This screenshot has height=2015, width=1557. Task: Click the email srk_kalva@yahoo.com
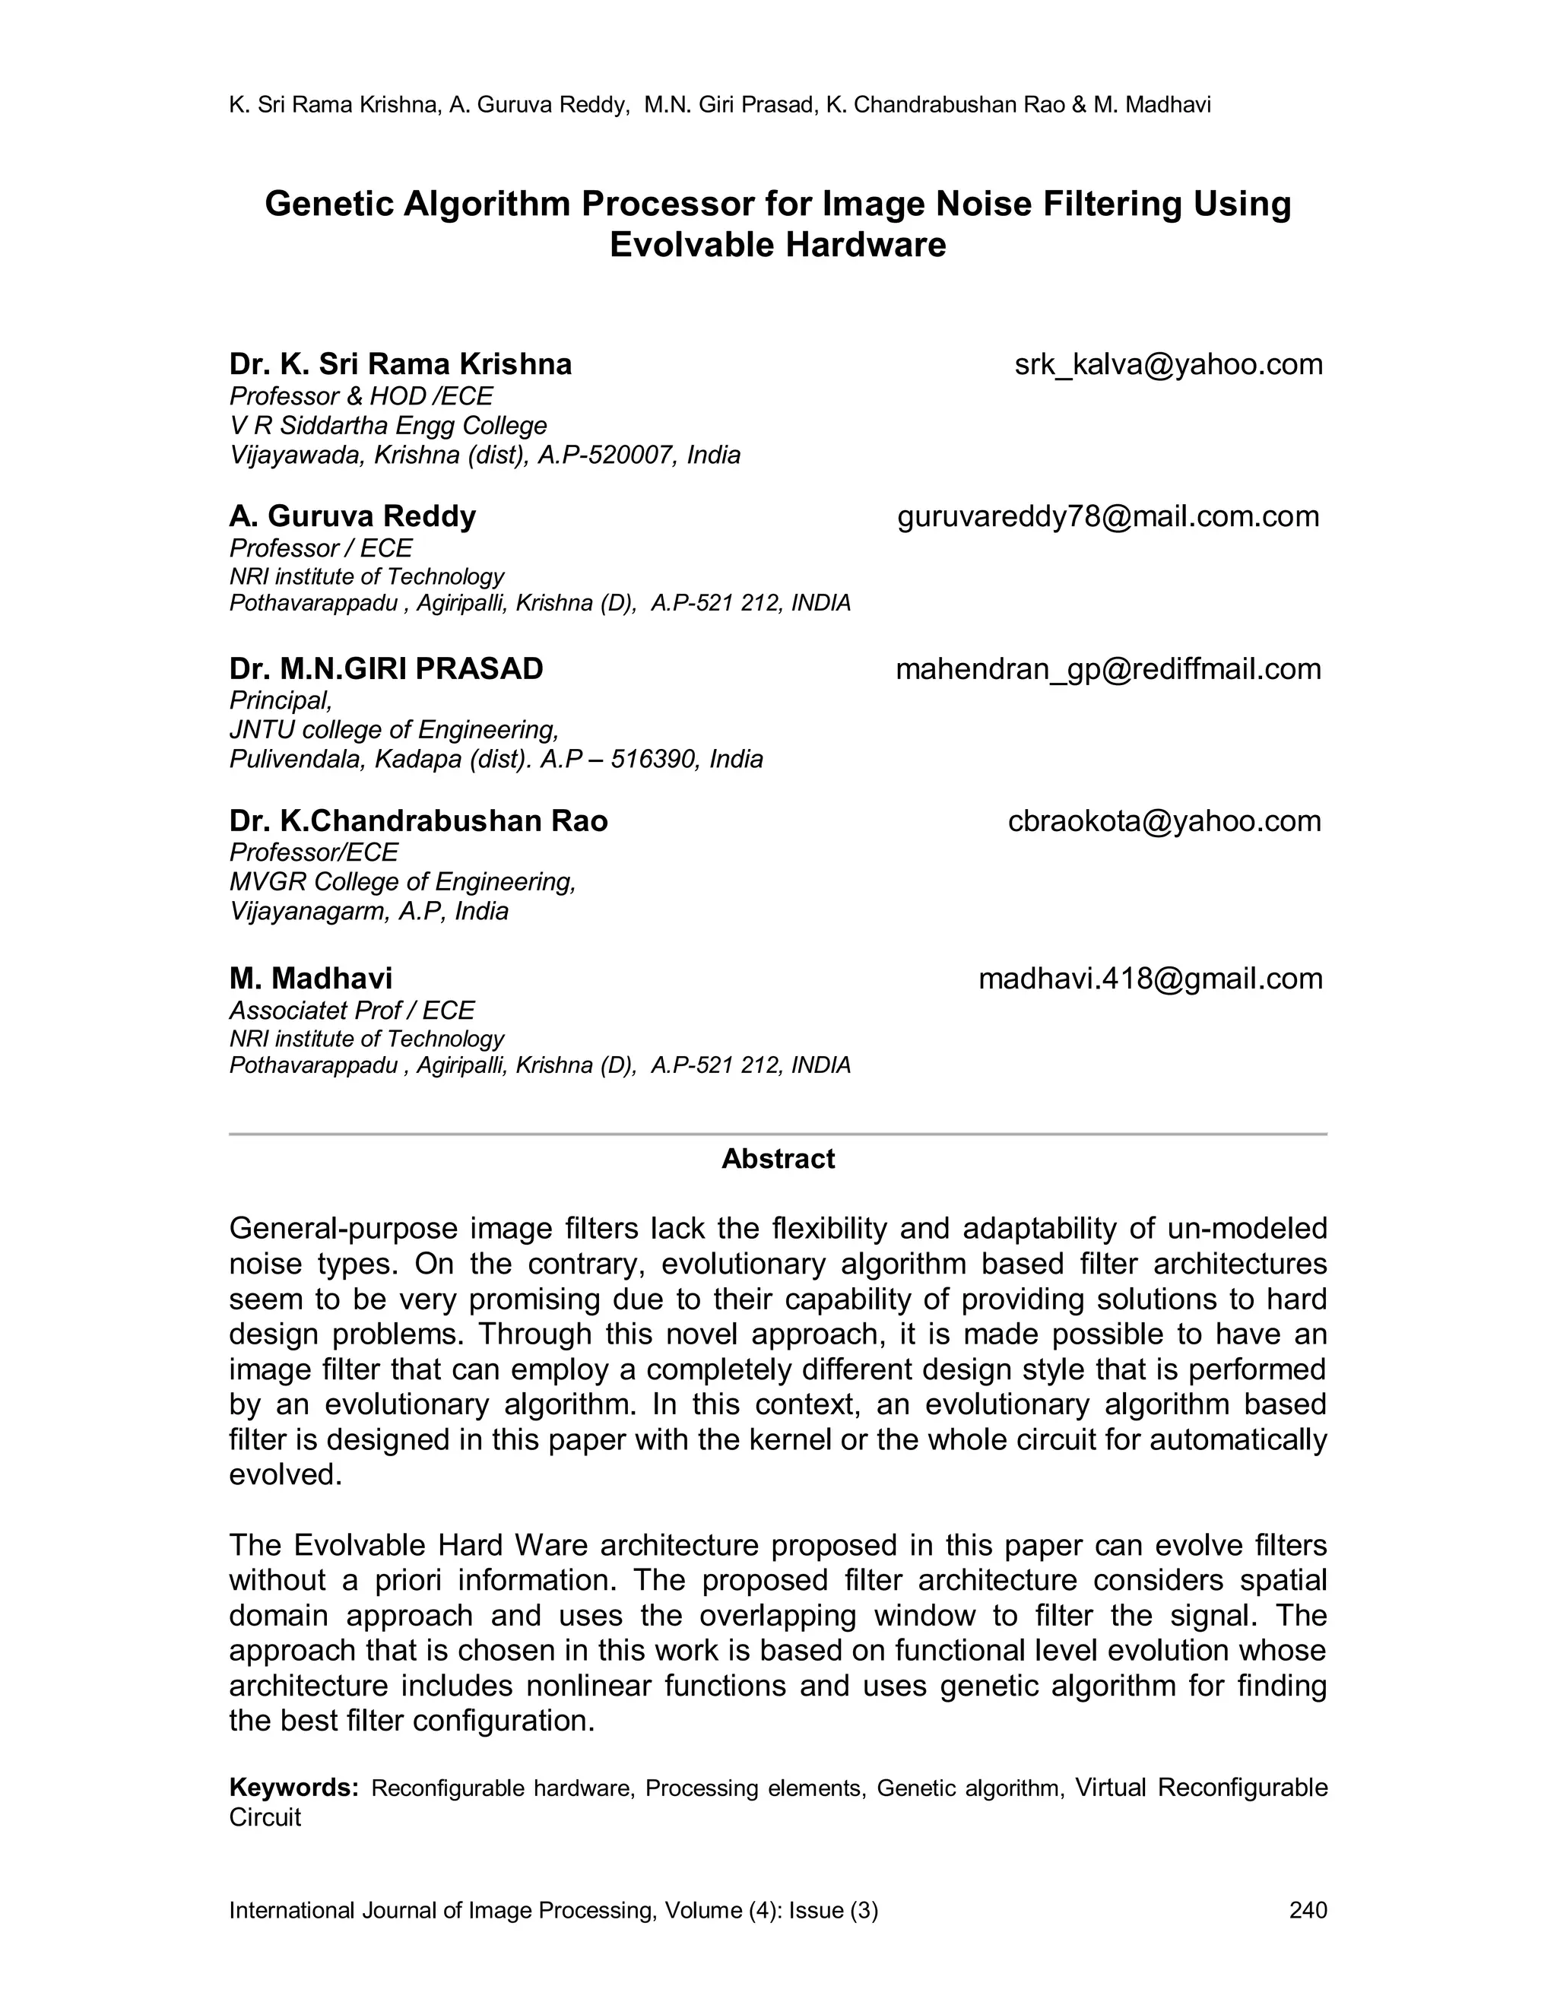pyautogui.click(x=1168, y=364)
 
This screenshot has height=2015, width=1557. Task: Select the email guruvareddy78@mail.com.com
pyautogui.click(x=1108, y=516)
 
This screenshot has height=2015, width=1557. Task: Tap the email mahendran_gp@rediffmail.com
pyautogui.click(x=1108, y=669)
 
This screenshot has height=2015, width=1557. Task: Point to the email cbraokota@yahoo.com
pyautogui.click(x=1164, y=821)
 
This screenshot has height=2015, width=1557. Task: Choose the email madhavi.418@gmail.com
pyautogui.click(x=1150, y=978)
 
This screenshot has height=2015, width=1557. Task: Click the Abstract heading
pyautogui.click(x=778, y=1159)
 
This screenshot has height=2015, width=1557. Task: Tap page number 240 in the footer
pyautogui.click(x=1307, y=1910)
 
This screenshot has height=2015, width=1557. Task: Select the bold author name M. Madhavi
pyautogui.click(x=311, y=978)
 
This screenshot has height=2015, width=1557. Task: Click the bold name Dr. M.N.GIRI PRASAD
pyautogui.click(x=386, y=669)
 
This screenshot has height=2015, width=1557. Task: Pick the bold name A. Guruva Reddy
pyautogui.click(x=352, y=516)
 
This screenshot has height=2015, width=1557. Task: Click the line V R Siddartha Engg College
pyautogui.click(x=388, y=425)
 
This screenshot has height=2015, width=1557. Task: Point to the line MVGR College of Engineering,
pyautogui.click(x=402, y=882)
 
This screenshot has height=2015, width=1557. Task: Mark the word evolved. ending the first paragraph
pyautogui.click(x=285, y=1474)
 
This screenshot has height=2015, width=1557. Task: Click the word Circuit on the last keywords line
pyautogui.click(x=265, y=1817)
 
